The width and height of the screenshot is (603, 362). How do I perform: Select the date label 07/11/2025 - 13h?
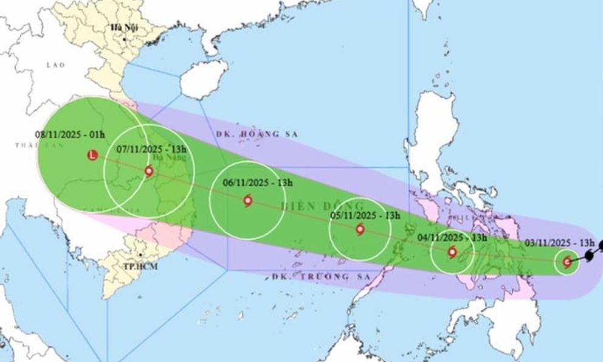pos(145,148)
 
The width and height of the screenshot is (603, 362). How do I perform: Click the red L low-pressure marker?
pos(92,155)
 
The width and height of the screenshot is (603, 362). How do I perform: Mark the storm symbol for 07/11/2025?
pos(149,172)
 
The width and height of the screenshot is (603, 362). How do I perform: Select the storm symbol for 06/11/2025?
pos(247,201)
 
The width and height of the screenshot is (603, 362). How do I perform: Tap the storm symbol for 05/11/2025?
pos(360,230)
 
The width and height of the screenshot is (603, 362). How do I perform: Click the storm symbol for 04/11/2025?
pos(452,252)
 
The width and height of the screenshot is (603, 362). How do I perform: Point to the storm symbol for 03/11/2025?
pos(567,262)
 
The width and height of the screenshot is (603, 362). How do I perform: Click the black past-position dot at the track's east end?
pos(599,246)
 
